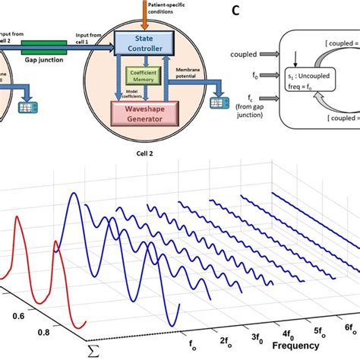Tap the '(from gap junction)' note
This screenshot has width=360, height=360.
pyautogui.click(x=242, y=130)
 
